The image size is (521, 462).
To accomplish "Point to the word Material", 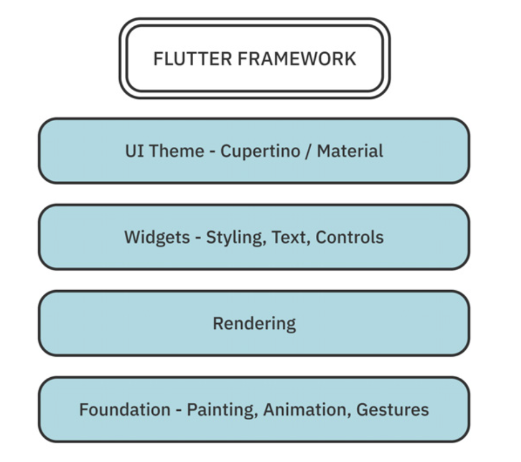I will [x=350, y=151].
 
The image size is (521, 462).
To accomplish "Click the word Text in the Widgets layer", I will [x=291, y=237].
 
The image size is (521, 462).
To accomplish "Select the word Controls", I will [x=350, y=237].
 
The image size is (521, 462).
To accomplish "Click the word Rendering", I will [x=254, y=324].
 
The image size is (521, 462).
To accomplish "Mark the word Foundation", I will [x=124, y=410].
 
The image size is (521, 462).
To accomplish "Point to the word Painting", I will [x=221, y=410].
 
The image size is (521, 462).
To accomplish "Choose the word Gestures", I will [x=393, y=410].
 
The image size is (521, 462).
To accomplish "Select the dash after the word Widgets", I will [x=197, y=238].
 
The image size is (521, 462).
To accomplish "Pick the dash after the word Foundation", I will [x=179, y=410].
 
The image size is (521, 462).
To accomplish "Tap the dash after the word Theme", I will [x=211, y=152].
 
